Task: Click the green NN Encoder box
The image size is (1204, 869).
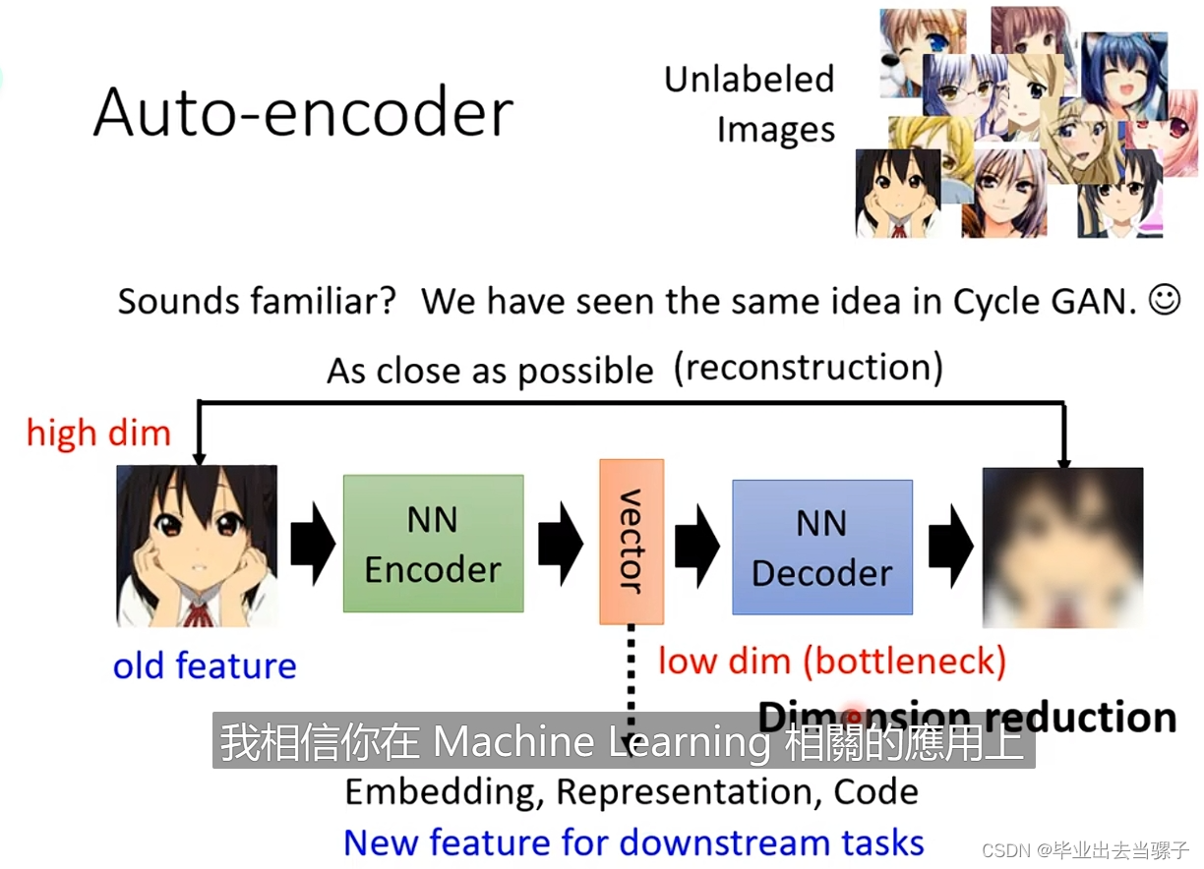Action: tap(433, 544)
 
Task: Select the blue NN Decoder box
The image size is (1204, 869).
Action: tap(822, 547)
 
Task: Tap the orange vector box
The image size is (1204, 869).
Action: tap(632, 541)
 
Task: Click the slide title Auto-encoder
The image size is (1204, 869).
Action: tap(303, 111)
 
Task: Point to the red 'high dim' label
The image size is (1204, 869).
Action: tap(98, 433)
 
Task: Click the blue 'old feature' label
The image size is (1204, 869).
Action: tap(205, 666)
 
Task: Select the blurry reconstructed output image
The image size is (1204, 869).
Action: tap(1062, 547)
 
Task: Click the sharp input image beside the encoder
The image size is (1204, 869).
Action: tap(197, 547)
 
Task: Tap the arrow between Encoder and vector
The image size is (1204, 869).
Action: tap(561, 544)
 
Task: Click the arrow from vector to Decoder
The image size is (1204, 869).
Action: tap(697, 544)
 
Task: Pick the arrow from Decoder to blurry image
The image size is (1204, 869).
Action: tap(950, 544)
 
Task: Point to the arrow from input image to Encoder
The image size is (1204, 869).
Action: tap(312, 544)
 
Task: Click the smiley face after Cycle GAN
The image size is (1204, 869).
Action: tap(1165, 300)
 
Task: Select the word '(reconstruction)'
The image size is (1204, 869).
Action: tap(809, 368)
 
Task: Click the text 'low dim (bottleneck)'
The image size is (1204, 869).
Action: tap(832, 661)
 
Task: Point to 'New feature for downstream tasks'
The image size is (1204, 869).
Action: tap(633, 842)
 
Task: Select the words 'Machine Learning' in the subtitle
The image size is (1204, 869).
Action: tap(602, 743)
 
